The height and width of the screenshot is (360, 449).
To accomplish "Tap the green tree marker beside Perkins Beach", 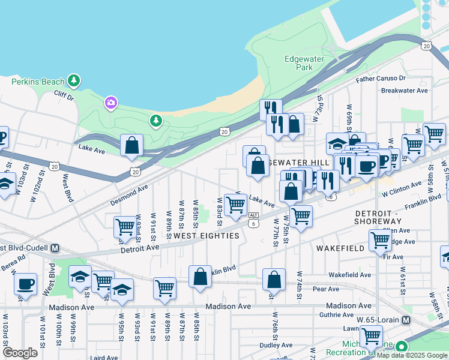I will [x=74, y=80].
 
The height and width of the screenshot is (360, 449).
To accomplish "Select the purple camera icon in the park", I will [x=110, y=103].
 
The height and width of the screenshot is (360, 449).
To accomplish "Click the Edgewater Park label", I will [x=304, y=63].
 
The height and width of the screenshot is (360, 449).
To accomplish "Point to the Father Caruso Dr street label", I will [x=381, y=79].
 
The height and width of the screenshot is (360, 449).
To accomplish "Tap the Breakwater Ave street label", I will [x=404, y=91].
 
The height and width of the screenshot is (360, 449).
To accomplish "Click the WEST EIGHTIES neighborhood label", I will [x=206, y=236].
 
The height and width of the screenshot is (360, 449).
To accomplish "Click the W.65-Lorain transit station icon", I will [x=406, y=320].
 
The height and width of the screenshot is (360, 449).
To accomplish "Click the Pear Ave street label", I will [x=326, y=289].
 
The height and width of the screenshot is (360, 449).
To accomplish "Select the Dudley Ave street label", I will [x=276, y=345].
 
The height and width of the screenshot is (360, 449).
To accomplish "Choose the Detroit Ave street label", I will [x=140, y=247].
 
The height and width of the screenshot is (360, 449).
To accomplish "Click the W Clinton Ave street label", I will [x=402, y=193].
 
